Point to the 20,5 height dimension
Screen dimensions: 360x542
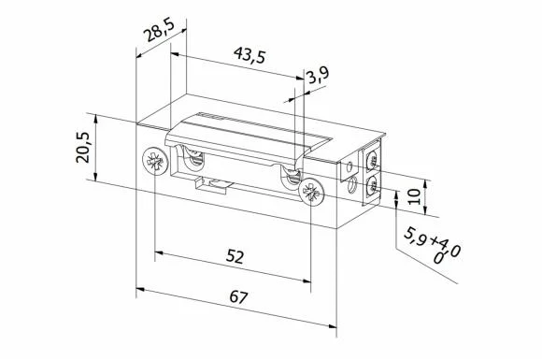tap(83, 148)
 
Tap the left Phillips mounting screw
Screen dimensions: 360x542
tap(153, 161)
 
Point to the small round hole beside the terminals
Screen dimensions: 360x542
tap(348, 171)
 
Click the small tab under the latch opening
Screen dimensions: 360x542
tap(212, 182)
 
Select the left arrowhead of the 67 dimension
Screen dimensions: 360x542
tap(140, 290)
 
